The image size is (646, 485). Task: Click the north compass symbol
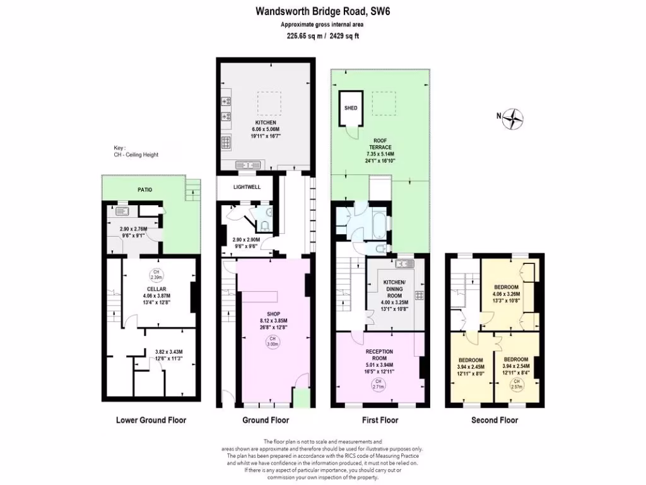pos(515,119)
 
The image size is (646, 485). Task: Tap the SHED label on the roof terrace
pos(350,108)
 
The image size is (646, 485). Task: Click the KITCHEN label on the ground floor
pos(266,123)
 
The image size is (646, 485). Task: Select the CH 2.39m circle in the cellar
pos(155,275)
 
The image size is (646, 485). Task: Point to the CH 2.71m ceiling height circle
pos(378,385)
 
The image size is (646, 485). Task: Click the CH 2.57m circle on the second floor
pos(517,384)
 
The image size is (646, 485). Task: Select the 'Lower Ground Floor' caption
pos(151,420)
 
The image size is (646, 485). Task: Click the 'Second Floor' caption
pos(495,420)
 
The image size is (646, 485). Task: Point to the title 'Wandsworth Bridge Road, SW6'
pos(319,11)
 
